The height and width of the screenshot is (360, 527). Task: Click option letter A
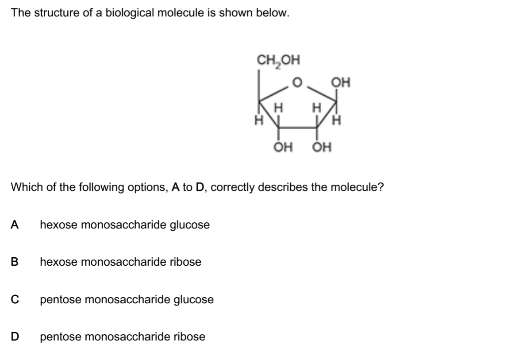point(15,225)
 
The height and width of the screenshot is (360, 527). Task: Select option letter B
point(15,262)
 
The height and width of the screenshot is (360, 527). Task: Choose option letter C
point(15,300)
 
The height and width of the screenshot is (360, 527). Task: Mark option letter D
point(15,337)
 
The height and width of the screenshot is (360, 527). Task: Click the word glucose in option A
point(190,225)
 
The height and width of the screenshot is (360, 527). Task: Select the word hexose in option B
point(59,262)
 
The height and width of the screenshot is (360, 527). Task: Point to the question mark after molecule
point(381,187)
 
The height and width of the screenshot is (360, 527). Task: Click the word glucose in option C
point(194,300)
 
